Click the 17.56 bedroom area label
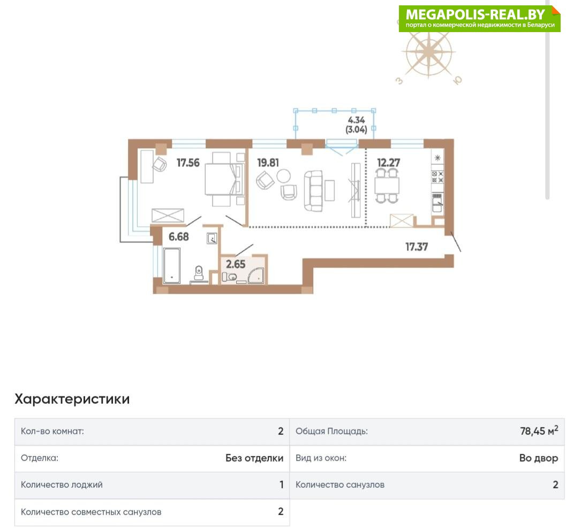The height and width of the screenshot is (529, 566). pos(188,163)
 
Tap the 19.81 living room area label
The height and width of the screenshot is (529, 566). pos(268,163)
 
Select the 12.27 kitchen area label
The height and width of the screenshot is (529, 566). pos(389,163)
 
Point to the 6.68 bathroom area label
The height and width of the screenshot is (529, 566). pos(179,236)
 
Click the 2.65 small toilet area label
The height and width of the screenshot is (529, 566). pos(236,264)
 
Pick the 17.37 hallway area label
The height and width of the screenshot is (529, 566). pos(417,247)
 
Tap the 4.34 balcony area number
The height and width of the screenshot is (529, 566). pos(356,120)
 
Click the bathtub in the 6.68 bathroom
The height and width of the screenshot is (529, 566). pos(171,265)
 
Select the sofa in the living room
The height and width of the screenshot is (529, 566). pos(313,191)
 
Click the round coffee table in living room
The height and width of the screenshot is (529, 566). pos(283,176)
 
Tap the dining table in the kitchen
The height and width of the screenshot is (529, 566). pos(387,186)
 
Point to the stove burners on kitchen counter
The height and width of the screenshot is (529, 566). pos(437,177)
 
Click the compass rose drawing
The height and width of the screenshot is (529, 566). pos(428,53)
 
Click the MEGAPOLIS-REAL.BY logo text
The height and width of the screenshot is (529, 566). pos(475,14)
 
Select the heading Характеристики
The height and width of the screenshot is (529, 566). pos(72,399)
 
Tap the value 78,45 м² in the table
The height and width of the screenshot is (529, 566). pos(539,431)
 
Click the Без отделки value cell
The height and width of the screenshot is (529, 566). pos(254,458)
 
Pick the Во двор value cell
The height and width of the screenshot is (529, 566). pos(539,458)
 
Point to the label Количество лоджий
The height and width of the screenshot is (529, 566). pos(62,485)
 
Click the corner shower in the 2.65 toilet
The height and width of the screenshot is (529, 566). pos(256,275)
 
